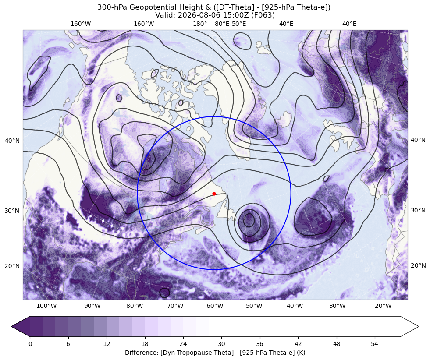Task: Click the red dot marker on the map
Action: tap(214, 194)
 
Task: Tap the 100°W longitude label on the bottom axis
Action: tap(46, 306)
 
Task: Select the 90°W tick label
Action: tap(92, 306)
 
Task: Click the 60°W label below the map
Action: tap(215, 306)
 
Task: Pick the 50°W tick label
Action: tap(254, 306)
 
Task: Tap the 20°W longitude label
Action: tap(383, 306)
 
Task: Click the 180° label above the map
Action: tap(200, 24)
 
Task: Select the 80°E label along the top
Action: tap(222, 24)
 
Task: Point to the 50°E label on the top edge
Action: tap(239, 24)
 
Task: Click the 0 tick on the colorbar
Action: tap(30, 344)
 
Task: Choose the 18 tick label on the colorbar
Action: tap(145, 344)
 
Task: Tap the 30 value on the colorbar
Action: tap(221, 344)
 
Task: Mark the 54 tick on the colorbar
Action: tap(374, 344)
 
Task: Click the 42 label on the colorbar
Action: tap(298, 344)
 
